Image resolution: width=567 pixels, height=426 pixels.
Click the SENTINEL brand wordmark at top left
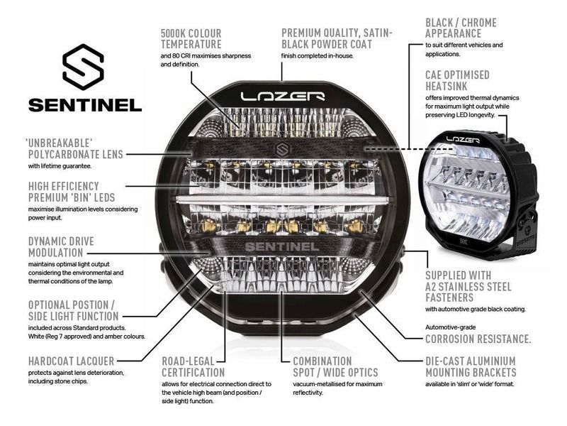point(84,105)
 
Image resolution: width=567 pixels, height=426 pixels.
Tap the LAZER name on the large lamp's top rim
point(282,95)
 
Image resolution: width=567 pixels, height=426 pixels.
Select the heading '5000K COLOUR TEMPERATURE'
point(191,39)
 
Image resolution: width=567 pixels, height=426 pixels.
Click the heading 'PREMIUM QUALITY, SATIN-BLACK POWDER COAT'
point(337,39)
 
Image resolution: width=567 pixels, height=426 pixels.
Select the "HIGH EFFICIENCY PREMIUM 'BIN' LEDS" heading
point(71,191)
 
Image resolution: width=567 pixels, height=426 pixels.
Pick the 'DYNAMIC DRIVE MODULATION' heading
point(61,247)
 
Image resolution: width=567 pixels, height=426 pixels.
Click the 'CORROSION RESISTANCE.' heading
point(478,339)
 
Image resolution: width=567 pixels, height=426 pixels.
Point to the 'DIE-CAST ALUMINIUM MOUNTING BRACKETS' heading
point(471,366)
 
